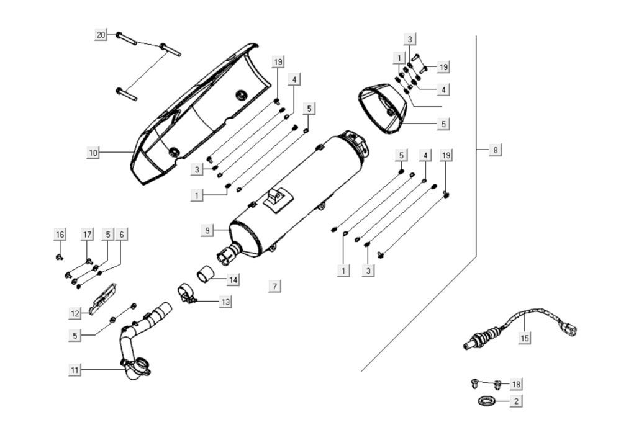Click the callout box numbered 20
(101, 35)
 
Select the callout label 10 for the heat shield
(93, 151)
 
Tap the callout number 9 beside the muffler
(207, 230)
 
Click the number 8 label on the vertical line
(495, 150)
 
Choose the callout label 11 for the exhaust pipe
(75, 370)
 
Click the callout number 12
(75, 312)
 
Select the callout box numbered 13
(225, 302)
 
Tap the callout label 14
(232, 280)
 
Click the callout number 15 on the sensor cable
(525, 338)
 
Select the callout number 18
(515, 384)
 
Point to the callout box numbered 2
(515, 401)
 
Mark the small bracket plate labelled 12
(103, 300)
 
